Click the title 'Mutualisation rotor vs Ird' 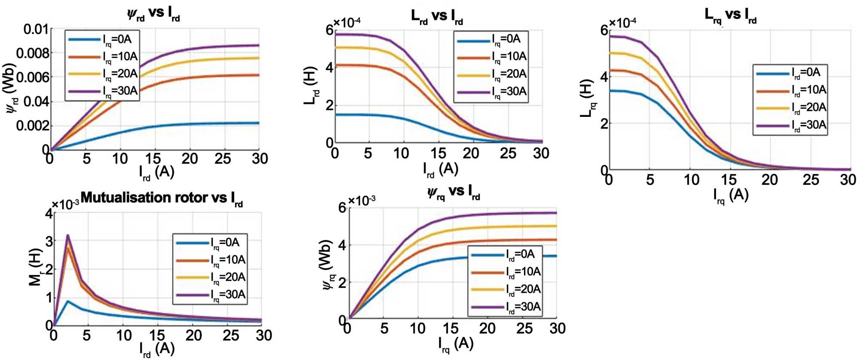(x=161, y=199)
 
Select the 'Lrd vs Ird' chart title (x=437, y=17)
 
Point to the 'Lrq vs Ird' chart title (x=730, y=16)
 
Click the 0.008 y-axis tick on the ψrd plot (x=32, y=53)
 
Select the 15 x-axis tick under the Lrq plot (x=729, y=180)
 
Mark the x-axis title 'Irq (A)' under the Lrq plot (x=731, y=196)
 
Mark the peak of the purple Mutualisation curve (x=67, y=235)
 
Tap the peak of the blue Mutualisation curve (x=67, y=301)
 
